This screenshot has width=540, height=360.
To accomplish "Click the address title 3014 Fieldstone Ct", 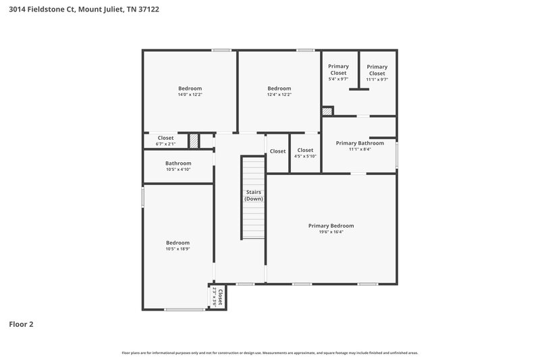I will tap(84, 10).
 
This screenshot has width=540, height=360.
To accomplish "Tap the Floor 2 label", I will tap(21, 324).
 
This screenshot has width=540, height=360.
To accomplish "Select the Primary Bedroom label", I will tap(331, 226).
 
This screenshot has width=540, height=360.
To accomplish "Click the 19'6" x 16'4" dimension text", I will tap(331, 232).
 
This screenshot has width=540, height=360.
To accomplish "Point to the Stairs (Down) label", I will tap(254, 196).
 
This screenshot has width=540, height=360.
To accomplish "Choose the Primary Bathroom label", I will tap(360, 143).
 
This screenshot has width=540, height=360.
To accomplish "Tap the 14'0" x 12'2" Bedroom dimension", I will tap(190, 95).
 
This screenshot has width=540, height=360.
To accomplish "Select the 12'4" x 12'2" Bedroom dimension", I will tap(279, 95).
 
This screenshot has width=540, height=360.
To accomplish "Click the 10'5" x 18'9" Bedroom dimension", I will tap(178, 249).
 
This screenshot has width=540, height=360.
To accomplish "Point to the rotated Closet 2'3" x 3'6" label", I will tap(217, 297).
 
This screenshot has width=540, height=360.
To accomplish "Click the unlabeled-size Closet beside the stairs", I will tap(277, 151).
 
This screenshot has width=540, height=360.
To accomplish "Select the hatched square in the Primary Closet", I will tap(327, 110).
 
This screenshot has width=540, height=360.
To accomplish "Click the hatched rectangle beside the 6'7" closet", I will tap(194, 140).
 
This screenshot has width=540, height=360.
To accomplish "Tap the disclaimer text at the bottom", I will tap(269, 353).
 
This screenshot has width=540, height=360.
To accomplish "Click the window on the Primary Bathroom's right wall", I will tap(396, 154).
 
